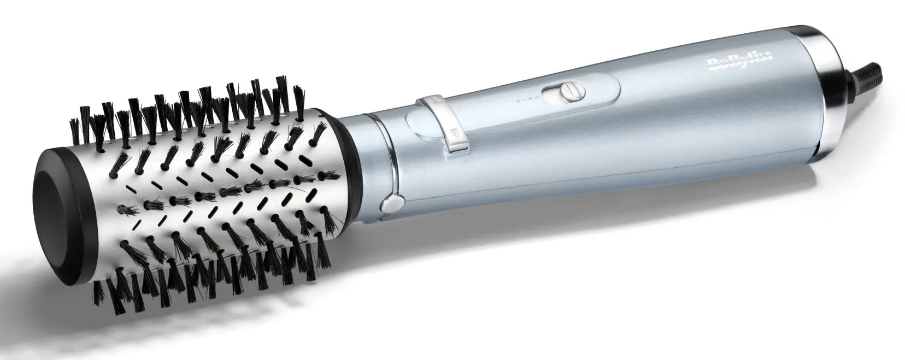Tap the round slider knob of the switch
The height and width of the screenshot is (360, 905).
coord(573,91)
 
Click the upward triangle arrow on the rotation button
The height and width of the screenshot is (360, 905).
coord(436,98)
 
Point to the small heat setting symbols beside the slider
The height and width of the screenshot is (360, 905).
coord(528,99)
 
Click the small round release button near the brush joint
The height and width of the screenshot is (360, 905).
coord(392,203)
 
